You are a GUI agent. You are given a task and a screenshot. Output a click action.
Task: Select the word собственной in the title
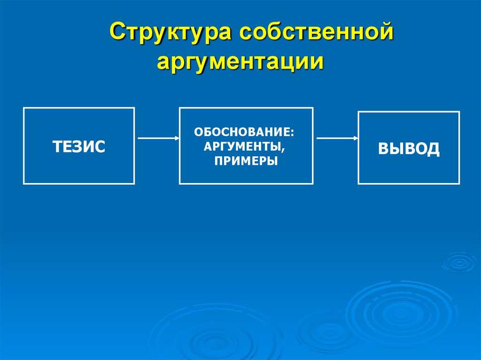(316, 34)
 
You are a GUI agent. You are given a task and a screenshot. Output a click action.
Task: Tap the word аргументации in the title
(240, 62)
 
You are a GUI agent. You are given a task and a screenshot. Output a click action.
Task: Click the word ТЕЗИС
(79, 146)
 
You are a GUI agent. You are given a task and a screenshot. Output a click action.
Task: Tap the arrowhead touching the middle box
(177, 138)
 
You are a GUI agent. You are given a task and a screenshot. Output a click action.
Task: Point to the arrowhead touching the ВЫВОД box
(356, 138)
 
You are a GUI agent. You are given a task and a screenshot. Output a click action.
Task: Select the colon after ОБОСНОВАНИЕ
(297, 133)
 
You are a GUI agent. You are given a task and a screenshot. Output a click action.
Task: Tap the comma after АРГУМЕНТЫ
(284, 150)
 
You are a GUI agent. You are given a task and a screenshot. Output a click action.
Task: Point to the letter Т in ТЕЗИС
(57, 146)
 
